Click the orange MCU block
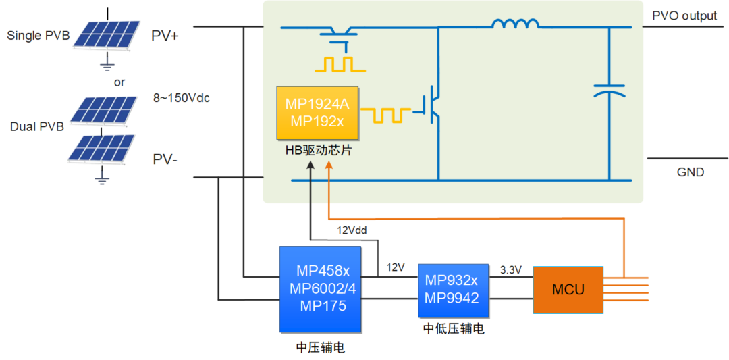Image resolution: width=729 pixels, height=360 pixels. pos(568,290)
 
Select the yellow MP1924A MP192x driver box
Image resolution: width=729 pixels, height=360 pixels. pos(317,112)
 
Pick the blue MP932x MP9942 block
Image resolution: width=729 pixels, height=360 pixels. pos(452,290)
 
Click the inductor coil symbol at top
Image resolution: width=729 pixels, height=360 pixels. pos(516,25)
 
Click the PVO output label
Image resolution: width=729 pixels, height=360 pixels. pos(684,16)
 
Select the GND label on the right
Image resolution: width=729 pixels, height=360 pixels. pos(690,172)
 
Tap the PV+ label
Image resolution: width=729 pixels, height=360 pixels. pos(165,36)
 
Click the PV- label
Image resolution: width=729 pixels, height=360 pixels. pos(164,160)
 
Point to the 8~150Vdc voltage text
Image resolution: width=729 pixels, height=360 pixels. pos(182,98)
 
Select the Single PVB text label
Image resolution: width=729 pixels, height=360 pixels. pos(38,36)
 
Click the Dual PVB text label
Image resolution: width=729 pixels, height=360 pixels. pos(37,126)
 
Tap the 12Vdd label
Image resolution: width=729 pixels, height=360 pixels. pos(352,230)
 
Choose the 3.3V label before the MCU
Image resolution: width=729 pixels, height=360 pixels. pos(510,269)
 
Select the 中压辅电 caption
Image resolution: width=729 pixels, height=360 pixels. pos(320,347)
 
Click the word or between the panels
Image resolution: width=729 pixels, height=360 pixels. pos(119,82)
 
